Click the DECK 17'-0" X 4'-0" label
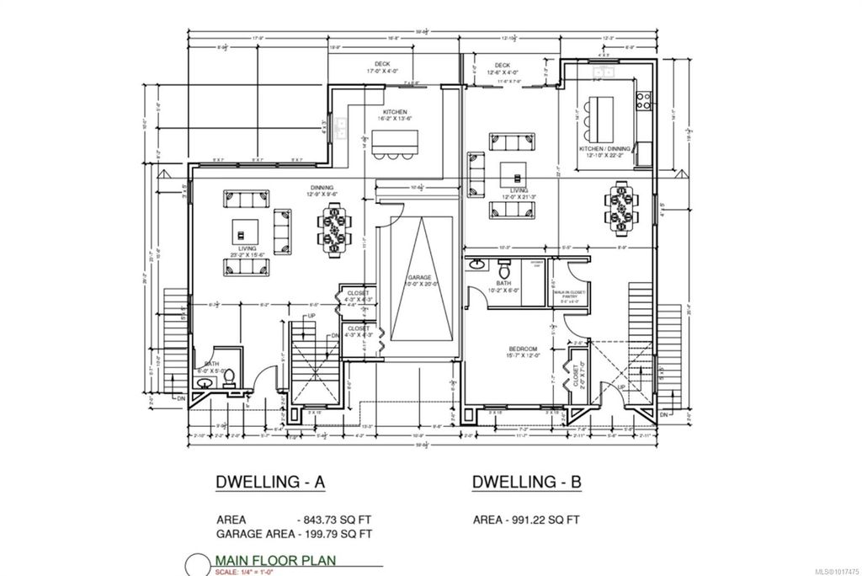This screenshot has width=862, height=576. point(383,67)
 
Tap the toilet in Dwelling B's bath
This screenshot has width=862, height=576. point(504,271)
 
